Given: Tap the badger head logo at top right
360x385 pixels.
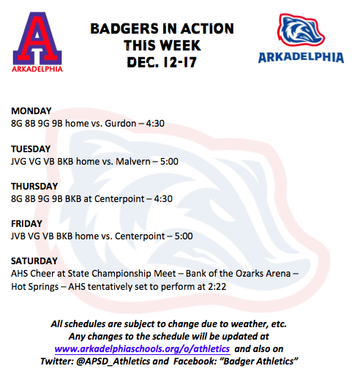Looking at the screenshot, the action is [301, 30].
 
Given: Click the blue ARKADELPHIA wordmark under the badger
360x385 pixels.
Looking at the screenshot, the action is [301, 58].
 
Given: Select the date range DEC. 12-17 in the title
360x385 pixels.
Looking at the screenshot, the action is [162, 62].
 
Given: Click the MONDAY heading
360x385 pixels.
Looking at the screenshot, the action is [31, 111].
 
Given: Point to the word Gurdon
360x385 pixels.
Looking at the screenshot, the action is [121, 123].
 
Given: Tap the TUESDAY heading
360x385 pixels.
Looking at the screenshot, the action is [31, 149].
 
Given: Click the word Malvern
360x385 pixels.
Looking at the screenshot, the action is [133, 162].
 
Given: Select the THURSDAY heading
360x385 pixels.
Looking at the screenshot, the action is [34, 187].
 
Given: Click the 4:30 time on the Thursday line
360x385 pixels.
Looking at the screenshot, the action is [163, 199].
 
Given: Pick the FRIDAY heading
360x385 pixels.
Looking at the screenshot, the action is [26, 224].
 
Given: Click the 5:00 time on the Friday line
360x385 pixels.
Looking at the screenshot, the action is [184, 236].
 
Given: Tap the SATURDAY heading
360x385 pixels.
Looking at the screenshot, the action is [34, 261].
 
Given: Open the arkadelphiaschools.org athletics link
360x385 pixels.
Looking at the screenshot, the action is [143, 349].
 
